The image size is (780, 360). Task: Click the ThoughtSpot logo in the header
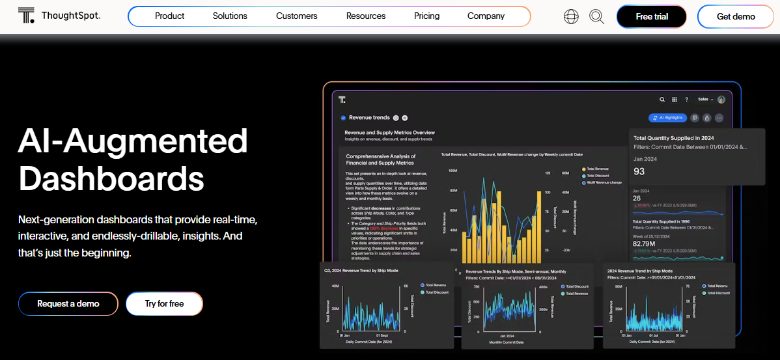pyautogui.click(x=59, y=16)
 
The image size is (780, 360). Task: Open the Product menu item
pyautogui.click(x=169, y=16)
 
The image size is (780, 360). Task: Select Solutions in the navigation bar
pyautogui.click(x=230, y=16)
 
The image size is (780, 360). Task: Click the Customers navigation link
pyautogui.click(x=296, y=16)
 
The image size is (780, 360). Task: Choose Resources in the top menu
pyautogui.click(x=365, y=16)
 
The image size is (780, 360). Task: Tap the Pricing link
pyautogui.click(x=426, y=16)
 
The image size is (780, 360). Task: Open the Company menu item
pyautogui.click(x=486, y=16)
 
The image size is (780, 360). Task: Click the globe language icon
pyautogui.click(x=570, y=17)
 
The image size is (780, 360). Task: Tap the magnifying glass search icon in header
pyautogui.click(x=596, y=17)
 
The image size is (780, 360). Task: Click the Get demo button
pyautogui.click(x=736, y=17)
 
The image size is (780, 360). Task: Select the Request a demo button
pyautogui.click(x=68, y=303)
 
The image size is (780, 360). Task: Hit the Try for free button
pyautogui.click(x=164, y=303)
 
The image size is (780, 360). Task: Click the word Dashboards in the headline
pyautogui.click(x=111, y=178)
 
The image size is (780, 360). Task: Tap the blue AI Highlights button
pyautogui.click(x=667, y=118)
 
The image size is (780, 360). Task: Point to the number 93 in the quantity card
pyautogui.click(x=639, y=171)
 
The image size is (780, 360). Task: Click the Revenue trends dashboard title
pyautogui.click(x=369, y=118)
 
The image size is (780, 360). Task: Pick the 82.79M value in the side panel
pyautogui.click(x=644, y=243)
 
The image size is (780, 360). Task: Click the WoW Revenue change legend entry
pyautogui.click(x=605, y=182)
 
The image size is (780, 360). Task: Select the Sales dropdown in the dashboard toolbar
pyautogui.click(x=705, y=100)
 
